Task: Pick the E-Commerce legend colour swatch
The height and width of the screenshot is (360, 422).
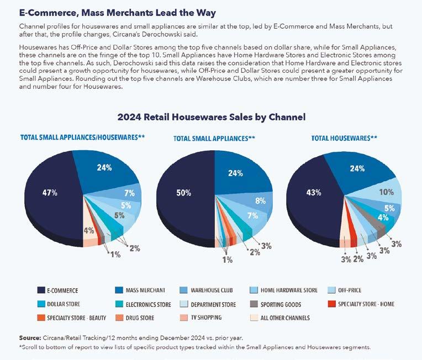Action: tap(40, 290)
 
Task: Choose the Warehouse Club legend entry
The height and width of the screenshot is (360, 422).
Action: tap(221, 290)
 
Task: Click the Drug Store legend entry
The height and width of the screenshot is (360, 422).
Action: tap(139, 317)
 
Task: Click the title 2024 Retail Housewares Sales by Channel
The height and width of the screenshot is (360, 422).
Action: tap(211, 117)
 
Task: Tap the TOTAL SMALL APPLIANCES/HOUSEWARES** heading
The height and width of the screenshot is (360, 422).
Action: tap(82, 136)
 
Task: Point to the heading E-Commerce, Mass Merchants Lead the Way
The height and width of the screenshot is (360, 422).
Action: tap(117, 12)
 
